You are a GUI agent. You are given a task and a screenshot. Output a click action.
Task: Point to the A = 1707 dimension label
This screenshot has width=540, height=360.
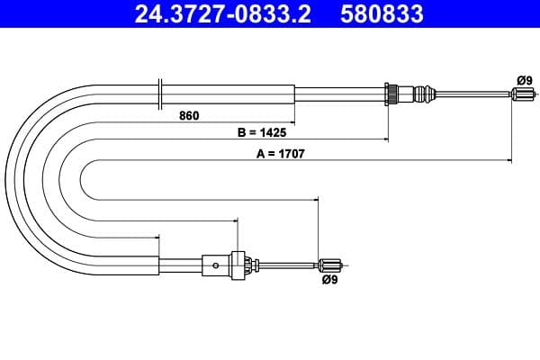point(280,154)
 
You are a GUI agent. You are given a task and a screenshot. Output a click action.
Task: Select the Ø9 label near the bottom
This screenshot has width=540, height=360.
point(328,280)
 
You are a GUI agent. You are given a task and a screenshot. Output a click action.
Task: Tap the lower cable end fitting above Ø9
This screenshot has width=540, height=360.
point(329,264)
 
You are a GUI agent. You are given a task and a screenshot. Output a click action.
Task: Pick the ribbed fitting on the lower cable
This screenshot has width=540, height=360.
point(238,264)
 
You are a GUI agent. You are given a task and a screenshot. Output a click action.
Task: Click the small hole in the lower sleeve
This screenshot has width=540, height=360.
point(215,265)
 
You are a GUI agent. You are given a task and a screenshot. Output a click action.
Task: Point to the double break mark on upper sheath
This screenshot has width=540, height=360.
point(159,92)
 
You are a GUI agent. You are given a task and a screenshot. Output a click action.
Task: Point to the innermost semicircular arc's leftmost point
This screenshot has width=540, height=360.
point(80,179)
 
